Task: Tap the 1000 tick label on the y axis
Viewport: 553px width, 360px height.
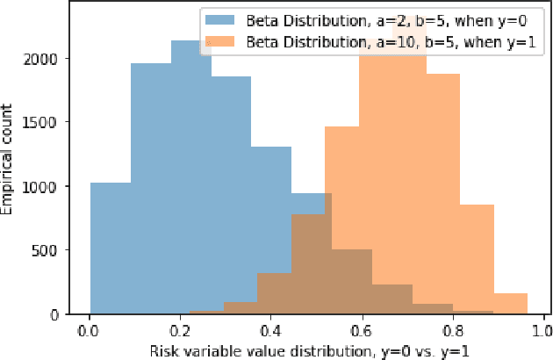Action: pyautogui.click(x=51, y=186)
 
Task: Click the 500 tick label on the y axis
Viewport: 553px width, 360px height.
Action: pyautogui.click(x=54, y=250)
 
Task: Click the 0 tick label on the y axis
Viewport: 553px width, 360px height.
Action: pyautogui.click(x=62, y=313)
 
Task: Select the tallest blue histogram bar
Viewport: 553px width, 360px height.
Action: pyautogui.click(x=190, y=176)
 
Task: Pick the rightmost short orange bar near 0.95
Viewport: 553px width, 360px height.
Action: pyautogui.click(x=510, y=304)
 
